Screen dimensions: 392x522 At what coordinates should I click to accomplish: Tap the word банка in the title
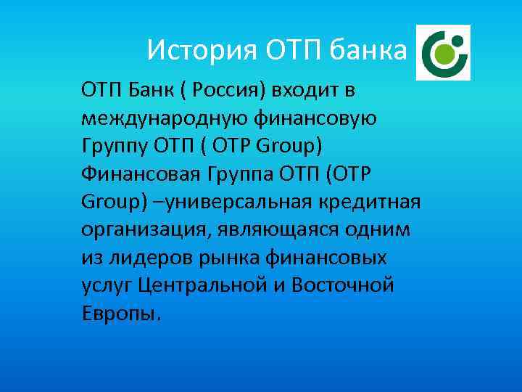(369, 50)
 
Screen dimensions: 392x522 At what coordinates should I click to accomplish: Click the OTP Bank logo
(442, 52)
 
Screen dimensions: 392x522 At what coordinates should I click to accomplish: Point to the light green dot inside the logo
(447, 53)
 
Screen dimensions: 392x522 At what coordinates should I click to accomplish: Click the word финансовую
(315, 118)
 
